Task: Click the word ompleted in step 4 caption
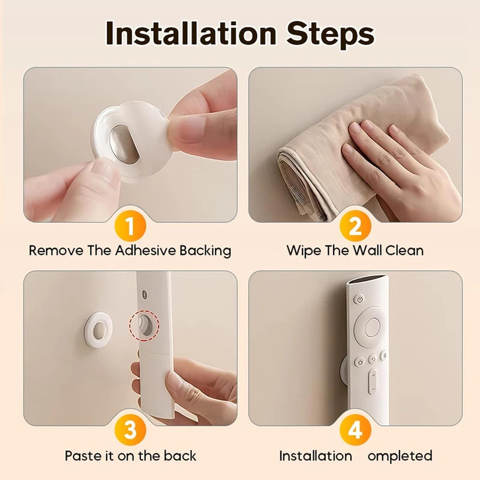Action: tap(400, 456)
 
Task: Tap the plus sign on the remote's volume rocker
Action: tap(373, 376)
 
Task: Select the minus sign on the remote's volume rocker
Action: tap(373, 390)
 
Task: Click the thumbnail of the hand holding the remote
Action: tap(130, 348)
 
